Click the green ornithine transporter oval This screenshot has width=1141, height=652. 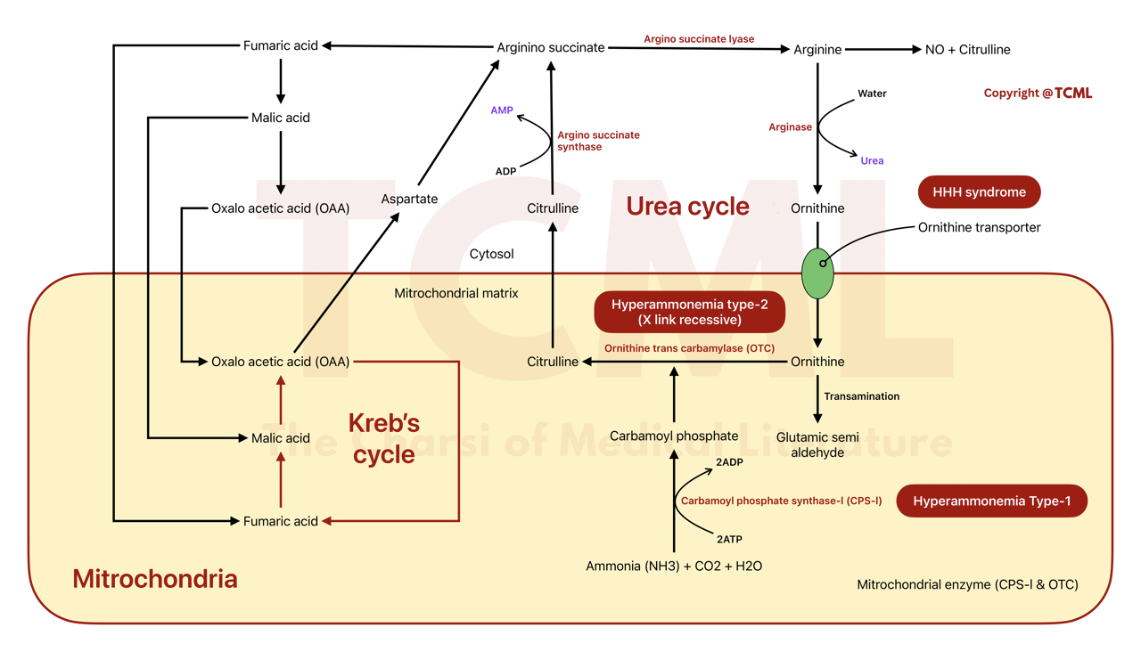817,273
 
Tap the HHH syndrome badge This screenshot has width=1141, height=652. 979,192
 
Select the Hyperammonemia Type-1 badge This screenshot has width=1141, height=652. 991,501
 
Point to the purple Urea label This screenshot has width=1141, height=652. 872,161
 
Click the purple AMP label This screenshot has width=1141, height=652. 502,110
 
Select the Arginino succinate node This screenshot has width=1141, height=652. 550,47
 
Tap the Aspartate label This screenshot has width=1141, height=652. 409,199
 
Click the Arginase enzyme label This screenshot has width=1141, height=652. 790,127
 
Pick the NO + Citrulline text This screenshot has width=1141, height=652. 967,50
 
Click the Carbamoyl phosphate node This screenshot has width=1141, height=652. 674,436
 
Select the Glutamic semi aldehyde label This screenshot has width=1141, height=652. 817,444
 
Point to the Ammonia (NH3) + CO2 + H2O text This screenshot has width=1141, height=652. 674,566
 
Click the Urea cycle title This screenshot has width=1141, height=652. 687,206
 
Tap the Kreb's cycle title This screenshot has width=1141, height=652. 383,438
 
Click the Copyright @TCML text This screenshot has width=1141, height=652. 1038,93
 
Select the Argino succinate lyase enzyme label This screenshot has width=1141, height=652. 699,39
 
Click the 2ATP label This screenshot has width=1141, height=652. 728,539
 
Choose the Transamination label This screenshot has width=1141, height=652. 861,396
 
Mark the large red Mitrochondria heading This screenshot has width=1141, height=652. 155,579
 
